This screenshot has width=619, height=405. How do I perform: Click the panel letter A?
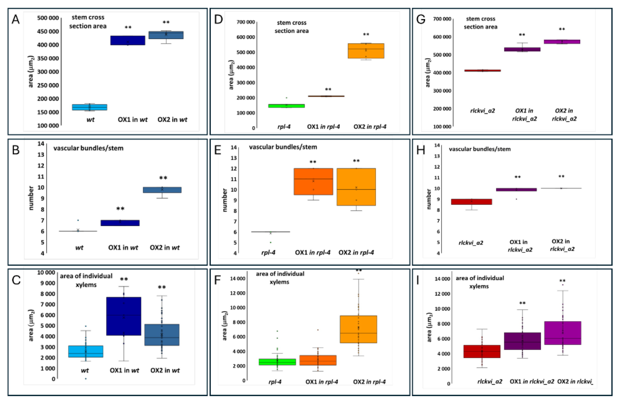(x=16, y=19)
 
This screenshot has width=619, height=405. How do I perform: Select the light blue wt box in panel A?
(x=90, y=107)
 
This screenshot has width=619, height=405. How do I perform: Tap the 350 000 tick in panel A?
(x=48, y=58)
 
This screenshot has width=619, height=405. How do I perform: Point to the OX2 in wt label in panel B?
(x=165, y=248)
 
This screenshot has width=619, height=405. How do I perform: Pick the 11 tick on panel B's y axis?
(x=41, y=177)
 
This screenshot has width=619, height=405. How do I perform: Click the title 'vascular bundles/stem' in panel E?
(x=283, y=147)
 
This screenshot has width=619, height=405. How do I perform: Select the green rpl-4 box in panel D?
(x=286, y=106)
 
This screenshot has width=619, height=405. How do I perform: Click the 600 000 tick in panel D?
(x=245, y=37)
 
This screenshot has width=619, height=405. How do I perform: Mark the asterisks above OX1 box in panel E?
(x=313, y=162)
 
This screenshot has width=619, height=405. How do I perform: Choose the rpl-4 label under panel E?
(x=268, y=253)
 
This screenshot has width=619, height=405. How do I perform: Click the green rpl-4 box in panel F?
(x=277, y=362)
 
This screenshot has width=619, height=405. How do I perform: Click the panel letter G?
(x=421, y=19)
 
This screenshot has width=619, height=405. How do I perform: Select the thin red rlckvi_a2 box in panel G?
(x=482, y=71)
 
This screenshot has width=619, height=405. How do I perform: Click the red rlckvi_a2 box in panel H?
(x=471, y=202)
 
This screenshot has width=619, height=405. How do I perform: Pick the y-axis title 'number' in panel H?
(x=429, y=199)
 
